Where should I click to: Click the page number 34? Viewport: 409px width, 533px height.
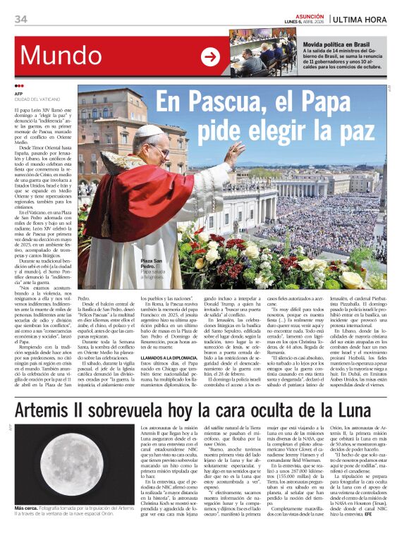[20, 18]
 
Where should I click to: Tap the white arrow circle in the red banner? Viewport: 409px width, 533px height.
[210, 57]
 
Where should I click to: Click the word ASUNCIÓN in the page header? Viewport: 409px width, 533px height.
[310, 15]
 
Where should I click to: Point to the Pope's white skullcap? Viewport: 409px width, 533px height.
[152, 131]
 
